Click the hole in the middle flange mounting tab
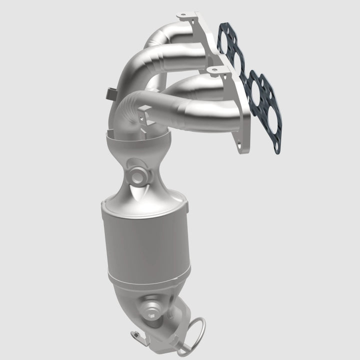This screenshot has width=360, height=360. coord(214,70)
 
